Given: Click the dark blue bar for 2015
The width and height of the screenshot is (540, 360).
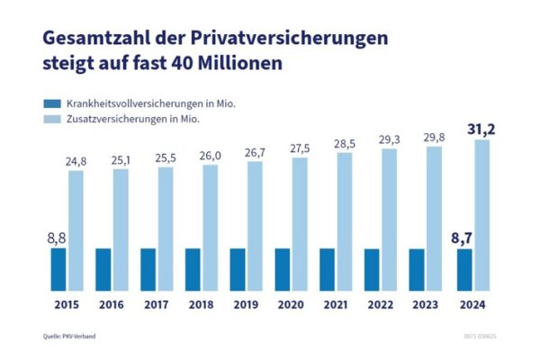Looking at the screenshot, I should pyautogui.click(x=58, y=269).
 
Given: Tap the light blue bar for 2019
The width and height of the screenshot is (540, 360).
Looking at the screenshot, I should pyautogui.click(x=256, y=226).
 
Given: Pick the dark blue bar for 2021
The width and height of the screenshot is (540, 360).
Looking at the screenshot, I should pyautogui.click(x=328, y=269).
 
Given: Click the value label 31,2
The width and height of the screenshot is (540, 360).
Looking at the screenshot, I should pyautogui.click(x=481, y=129).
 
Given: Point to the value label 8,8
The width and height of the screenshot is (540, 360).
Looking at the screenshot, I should pyautogui.click(x=58, y=238).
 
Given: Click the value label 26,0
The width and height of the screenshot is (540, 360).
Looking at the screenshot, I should pyautogui.click(x=211, y=155).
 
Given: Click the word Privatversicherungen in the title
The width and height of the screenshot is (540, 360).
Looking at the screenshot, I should pyautogui.click(x=292, y=39).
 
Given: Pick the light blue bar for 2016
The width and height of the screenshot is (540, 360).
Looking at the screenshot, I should pyautogui.click(x=121, y=229).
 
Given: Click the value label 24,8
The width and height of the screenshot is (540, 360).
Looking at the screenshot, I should pyautogui.click(x=76, y=160).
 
